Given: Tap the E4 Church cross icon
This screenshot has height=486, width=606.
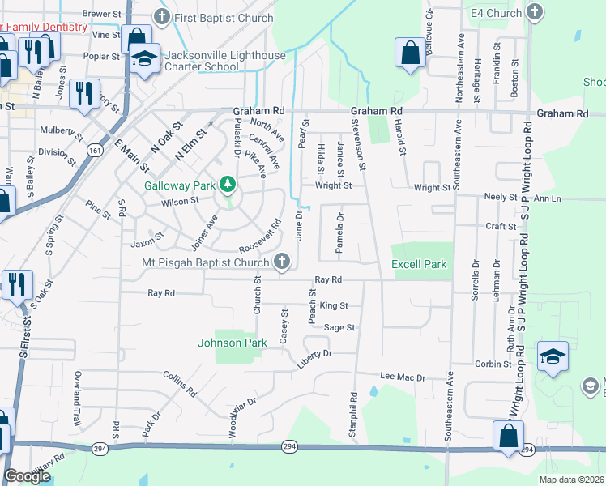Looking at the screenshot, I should pos(534,12).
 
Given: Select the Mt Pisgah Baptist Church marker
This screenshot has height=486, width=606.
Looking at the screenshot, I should pos(281,261).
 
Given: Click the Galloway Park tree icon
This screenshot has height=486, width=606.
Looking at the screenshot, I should pos(228,185).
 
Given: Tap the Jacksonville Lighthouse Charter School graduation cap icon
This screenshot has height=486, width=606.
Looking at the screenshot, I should pos(144,59).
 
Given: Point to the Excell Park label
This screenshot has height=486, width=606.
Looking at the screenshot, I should pos(419,264).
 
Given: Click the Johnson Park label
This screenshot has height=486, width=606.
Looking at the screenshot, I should pos(233,343).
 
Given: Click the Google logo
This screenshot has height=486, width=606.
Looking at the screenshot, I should pos(28,476).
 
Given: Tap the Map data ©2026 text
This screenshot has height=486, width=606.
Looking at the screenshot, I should pos(570,480).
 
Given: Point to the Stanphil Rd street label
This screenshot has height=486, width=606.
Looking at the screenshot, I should pos(353,416).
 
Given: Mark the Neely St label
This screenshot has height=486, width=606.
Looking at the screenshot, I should pos(501,197).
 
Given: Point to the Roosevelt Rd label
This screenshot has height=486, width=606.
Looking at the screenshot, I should pos(259,236).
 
